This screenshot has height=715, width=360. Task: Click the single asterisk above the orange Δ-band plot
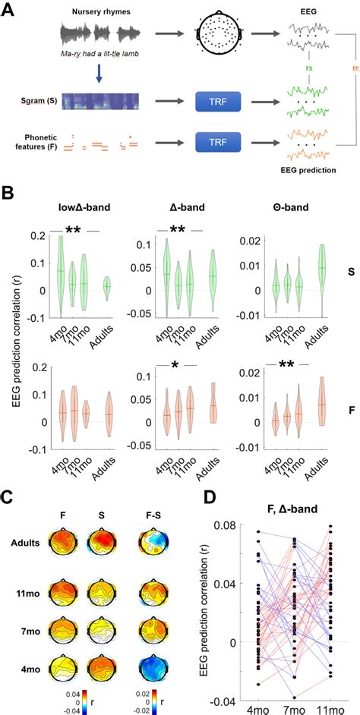(x=175, y=365)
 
